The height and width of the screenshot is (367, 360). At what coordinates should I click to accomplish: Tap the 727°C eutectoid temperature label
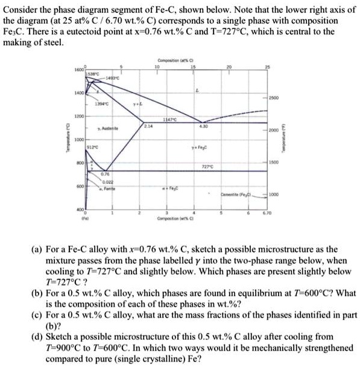coord(224,166)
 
